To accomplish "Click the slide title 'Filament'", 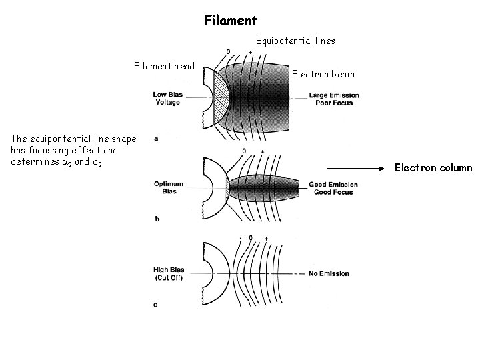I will point(230,21).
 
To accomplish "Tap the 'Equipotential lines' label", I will point(295,41).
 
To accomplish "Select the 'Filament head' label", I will point(164,66).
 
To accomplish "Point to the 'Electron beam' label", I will point(323,74).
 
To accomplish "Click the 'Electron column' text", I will point(433,168).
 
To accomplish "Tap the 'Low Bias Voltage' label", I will point(167,98).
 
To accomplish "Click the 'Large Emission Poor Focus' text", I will point(333,99).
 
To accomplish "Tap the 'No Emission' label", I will point(329,273).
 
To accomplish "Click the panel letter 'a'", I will point(155,139).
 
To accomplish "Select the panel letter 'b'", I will point(155,218).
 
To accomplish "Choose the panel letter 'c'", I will point(155,305).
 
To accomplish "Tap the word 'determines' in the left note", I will point(32,161).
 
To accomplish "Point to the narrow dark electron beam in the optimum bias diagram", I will point(267,187).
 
